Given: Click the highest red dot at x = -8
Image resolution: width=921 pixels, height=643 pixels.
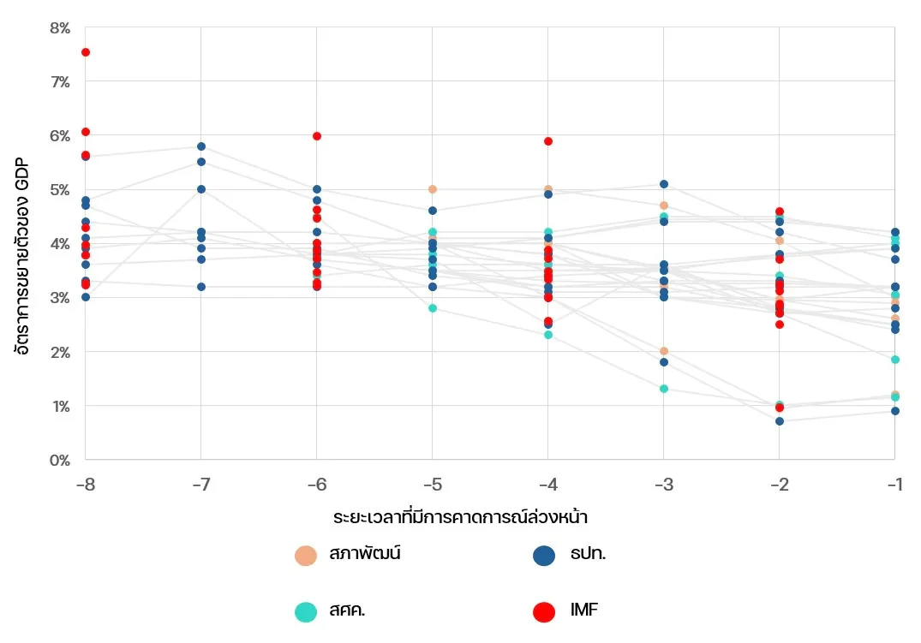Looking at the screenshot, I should click(x=86, y=52).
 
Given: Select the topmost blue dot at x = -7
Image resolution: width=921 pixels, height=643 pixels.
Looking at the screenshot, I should click(x=201, y=146).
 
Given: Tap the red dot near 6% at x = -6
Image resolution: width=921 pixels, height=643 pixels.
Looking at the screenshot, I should click(x=317, y=136).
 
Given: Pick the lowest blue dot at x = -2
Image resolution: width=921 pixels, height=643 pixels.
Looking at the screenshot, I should click(x=780, y=421).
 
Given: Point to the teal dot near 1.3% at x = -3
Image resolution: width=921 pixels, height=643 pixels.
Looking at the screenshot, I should click(x=664, y=389).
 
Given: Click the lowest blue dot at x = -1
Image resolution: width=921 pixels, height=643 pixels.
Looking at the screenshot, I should click(x=895, y=411).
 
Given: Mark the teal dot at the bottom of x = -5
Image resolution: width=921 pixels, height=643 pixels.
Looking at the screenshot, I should click(x=433, y=308).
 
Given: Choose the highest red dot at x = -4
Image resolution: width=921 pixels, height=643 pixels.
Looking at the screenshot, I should click(x=548, y=141).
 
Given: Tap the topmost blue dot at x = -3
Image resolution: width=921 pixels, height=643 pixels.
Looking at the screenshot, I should click(x=664, y=184).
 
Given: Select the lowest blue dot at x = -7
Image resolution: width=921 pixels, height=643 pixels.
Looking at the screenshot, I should click(x=201, y=287).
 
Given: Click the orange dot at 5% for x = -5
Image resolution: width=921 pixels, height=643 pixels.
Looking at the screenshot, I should click(x=433, y=189).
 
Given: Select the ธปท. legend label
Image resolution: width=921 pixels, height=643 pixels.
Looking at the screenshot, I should click(x=588, y=554).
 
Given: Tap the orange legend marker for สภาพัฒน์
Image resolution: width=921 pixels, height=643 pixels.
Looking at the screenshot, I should click(x=306, y=556).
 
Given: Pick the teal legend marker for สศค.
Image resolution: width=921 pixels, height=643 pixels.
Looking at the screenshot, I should click(x=306, y=612).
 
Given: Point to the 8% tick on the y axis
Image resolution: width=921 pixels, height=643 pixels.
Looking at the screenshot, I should click(x=60, y=28).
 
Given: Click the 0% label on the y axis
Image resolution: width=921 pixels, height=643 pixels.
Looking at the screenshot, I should click(x=60, y=460).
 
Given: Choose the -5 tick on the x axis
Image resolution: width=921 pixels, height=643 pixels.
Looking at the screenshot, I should click(x=433, y=485).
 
